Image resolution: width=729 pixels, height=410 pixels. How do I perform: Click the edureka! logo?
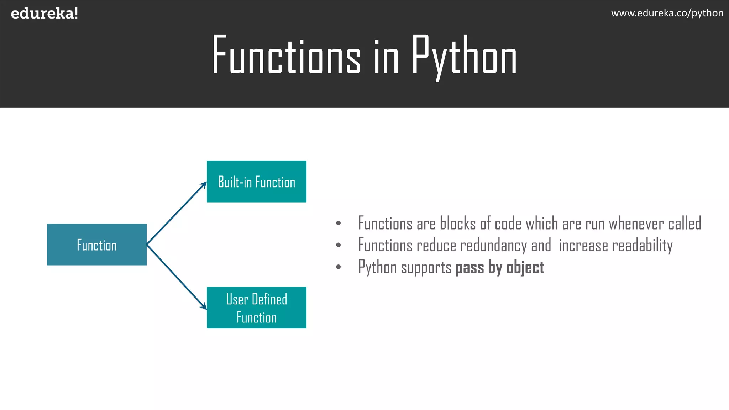pyautogui.click(x=44, y=14)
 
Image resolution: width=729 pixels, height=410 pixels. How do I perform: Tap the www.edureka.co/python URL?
pyautogui.click(x=667, y=13)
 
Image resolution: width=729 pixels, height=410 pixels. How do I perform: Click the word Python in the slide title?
pyautogui.click(x=464, y=56)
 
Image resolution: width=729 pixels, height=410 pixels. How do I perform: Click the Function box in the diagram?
pyautogui.click(x=97, y=245)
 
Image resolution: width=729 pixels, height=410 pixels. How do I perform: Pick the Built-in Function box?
pyautogui.click(x=256, y=182)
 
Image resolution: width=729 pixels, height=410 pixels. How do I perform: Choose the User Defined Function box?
pyautogui.click(x=256, y=307)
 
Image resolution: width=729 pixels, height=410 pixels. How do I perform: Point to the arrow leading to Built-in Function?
pyautogui.click(x=177, y=213)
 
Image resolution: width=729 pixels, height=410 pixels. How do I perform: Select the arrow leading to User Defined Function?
pyautogui.click(x=177, y=277)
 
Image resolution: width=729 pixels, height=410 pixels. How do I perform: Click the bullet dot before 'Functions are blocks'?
pyautogui.click(x=338, y=224)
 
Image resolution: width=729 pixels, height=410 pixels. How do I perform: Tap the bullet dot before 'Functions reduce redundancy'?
pyautogui.click(x=338, y=245)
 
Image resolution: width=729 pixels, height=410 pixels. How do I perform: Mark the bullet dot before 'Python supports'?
pyautogui.click(x=338, y=267)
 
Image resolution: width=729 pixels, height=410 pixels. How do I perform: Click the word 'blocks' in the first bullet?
pyautogui.click(x=458, y=224)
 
